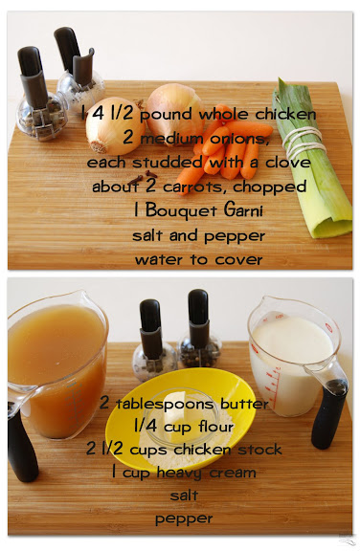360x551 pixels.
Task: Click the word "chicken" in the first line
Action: pyautogui.click(x=285, y=114)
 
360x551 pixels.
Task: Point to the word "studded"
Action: pyautogui.click(x=168, y=162)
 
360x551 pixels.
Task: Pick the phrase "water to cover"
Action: pyautogui.click(x=198, y=260)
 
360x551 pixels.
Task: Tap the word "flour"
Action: pyautogui.click(x=215, y=427)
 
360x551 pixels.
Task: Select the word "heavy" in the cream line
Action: pyautogui.click(x=179, y=473)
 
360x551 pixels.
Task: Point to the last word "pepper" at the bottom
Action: pyautogui.click(x=184, y=519)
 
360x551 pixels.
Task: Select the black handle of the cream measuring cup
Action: pyautogui.click(x=329, y=414)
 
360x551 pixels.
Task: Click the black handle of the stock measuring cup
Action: pyautogui.click(x=22, y=447)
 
